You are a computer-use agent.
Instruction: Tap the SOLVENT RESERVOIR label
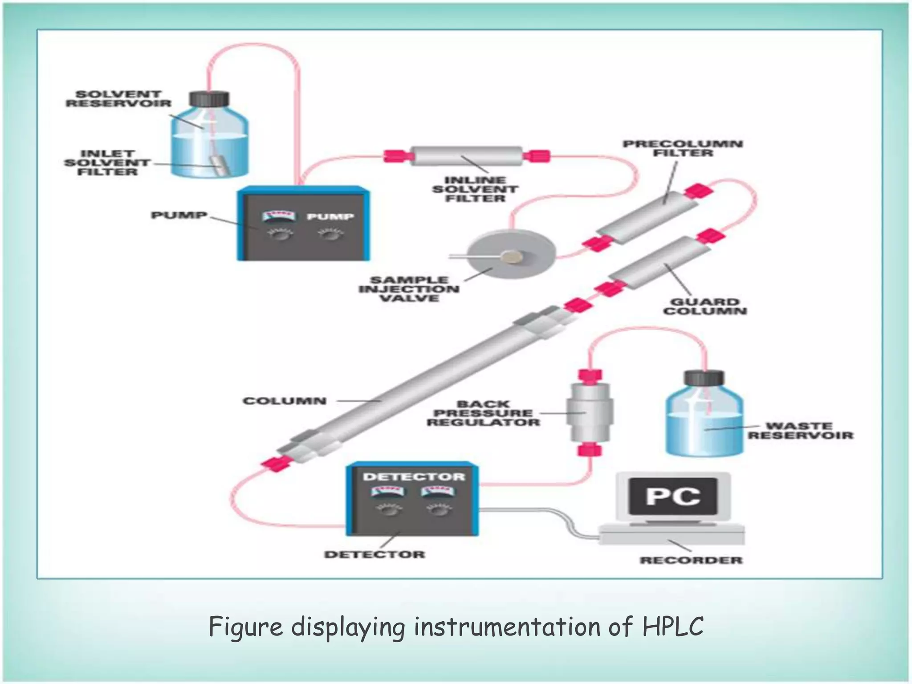click(118, 99)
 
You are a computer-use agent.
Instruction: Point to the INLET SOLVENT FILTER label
click(107, 163)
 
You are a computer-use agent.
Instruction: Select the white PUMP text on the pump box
click(330, 217)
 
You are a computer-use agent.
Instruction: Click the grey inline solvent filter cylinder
click(466, 156)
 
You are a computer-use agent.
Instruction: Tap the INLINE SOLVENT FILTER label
click(475, 189)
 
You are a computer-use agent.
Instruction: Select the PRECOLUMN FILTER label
click(682, 148)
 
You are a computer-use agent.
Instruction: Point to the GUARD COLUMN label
click(704, 306)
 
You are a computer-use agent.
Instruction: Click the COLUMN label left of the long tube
click(285, 401)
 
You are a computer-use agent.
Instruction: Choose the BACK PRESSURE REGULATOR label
click(483, 413)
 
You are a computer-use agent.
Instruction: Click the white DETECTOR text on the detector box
click(414, 477)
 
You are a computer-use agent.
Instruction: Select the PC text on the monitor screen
click(673, 496)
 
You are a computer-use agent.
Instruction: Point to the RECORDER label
click(691, 560)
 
